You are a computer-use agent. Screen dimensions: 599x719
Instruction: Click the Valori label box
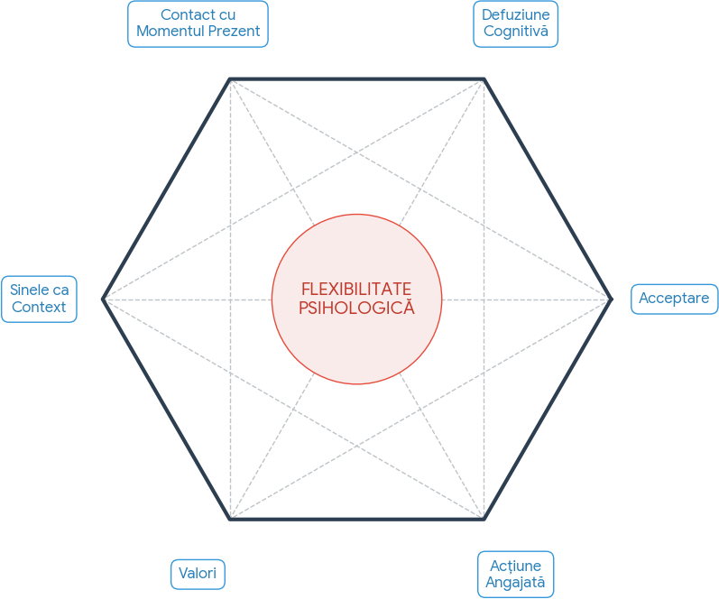pos(197,574)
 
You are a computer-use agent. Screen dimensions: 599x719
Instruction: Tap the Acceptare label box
pos(674,299)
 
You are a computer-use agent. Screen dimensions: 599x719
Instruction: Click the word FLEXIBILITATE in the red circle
pos(356,289)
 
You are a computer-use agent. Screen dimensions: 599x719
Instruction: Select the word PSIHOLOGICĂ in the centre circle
pos(356,308)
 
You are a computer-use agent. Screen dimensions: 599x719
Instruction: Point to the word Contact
pos(188,14)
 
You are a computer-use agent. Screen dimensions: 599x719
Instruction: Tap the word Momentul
pos(169,32)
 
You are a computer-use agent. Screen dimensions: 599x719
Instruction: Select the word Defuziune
pos(515,14)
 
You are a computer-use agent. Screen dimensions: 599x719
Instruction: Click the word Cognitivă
pos(515,32)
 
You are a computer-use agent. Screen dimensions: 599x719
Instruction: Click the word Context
pos(39,307)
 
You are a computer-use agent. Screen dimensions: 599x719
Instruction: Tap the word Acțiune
pos(515,565)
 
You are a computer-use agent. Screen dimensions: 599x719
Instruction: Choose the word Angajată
pos(515,582)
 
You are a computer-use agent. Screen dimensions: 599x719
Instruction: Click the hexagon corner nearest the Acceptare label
pos(612,299)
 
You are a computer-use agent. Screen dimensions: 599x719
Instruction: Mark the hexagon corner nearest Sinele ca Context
pos(103,299)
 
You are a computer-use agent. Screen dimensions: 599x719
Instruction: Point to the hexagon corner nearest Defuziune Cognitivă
pos(484,79)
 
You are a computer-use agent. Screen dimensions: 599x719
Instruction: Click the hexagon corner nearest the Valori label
pos(230,519)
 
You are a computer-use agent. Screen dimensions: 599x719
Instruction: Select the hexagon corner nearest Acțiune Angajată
pos(484,519)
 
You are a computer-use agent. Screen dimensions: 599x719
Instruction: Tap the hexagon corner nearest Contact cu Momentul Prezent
pos(230,79)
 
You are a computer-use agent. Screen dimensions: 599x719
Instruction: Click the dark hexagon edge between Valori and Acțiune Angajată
pos(357,519)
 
